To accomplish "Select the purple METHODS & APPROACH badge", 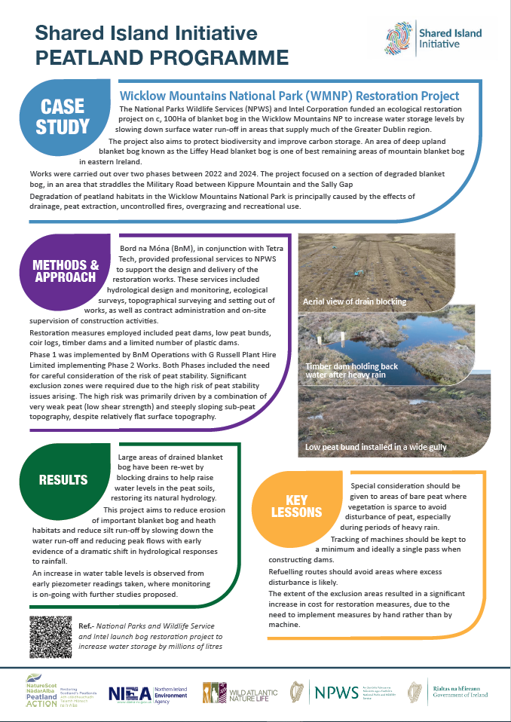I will [66, 271].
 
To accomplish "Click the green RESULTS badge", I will [64, 480].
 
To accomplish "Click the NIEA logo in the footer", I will [148, 693].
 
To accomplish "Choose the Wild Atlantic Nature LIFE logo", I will [237, 693].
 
